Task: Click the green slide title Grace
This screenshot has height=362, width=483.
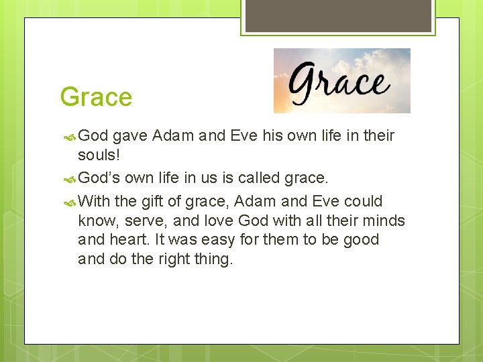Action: (96, 97)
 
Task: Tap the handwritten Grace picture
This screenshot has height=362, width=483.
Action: (341, 80)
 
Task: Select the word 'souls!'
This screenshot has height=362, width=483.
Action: (99, 156)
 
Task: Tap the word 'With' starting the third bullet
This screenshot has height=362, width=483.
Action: (93, 201)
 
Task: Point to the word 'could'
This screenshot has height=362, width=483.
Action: (363, 201)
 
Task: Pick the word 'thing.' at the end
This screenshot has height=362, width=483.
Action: (214, 259)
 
